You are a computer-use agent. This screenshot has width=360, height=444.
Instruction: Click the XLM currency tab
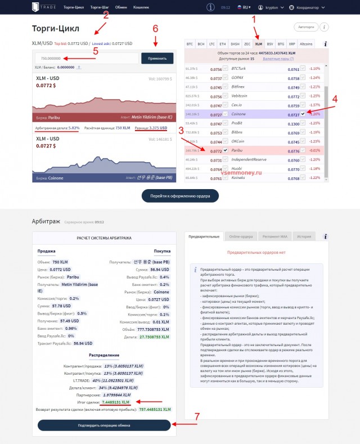click(x=258, y=43)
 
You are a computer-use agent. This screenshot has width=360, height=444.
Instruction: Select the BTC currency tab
click(x=190, y=43)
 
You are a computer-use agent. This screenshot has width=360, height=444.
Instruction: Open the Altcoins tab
click(x=307, y=43)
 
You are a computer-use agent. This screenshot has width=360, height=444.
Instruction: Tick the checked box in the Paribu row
click(x=226, y=151)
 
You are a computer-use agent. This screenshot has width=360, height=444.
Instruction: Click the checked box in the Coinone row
click(x=303, y=113)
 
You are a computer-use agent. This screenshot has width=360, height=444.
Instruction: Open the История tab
click(x=304, y=236)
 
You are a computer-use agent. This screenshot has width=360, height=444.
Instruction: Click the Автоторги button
click(x=305, y=27)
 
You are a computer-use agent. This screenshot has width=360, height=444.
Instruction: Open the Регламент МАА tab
click(x=274, y=236)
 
